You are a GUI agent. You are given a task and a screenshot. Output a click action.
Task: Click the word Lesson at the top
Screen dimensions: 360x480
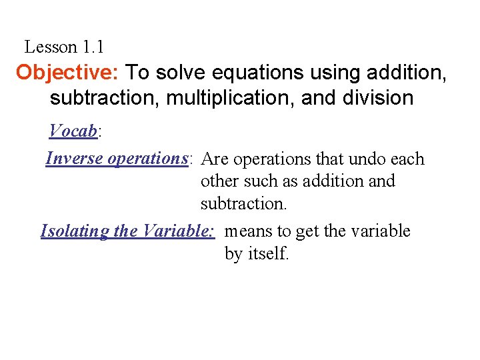coord(51,47)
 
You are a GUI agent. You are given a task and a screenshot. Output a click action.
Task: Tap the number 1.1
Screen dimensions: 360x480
coord(93,47)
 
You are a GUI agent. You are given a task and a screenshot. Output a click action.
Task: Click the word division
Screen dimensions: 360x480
coord(377,98)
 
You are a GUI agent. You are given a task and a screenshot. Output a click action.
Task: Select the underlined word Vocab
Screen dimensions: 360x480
coord(73,131)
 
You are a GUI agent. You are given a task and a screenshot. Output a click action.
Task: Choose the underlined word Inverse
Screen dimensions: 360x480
coord(74,159)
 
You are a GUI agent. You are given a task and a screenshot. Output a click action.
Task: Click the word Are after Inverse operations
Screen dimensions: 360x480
coord(215,159)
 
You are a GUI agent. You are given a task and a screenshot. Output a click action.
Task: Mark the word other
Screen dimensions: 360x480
coord(219,181)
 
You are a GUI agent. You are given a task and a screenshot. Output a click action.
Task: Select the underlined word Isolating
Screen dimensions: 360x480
coord(75,231)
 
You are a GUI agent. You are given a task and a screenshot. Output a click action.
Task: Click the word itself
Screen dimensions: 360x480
coord(267,254)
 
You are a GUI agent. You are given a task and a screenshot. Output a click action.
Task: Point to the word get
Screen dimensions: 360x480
coord(307,232)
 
